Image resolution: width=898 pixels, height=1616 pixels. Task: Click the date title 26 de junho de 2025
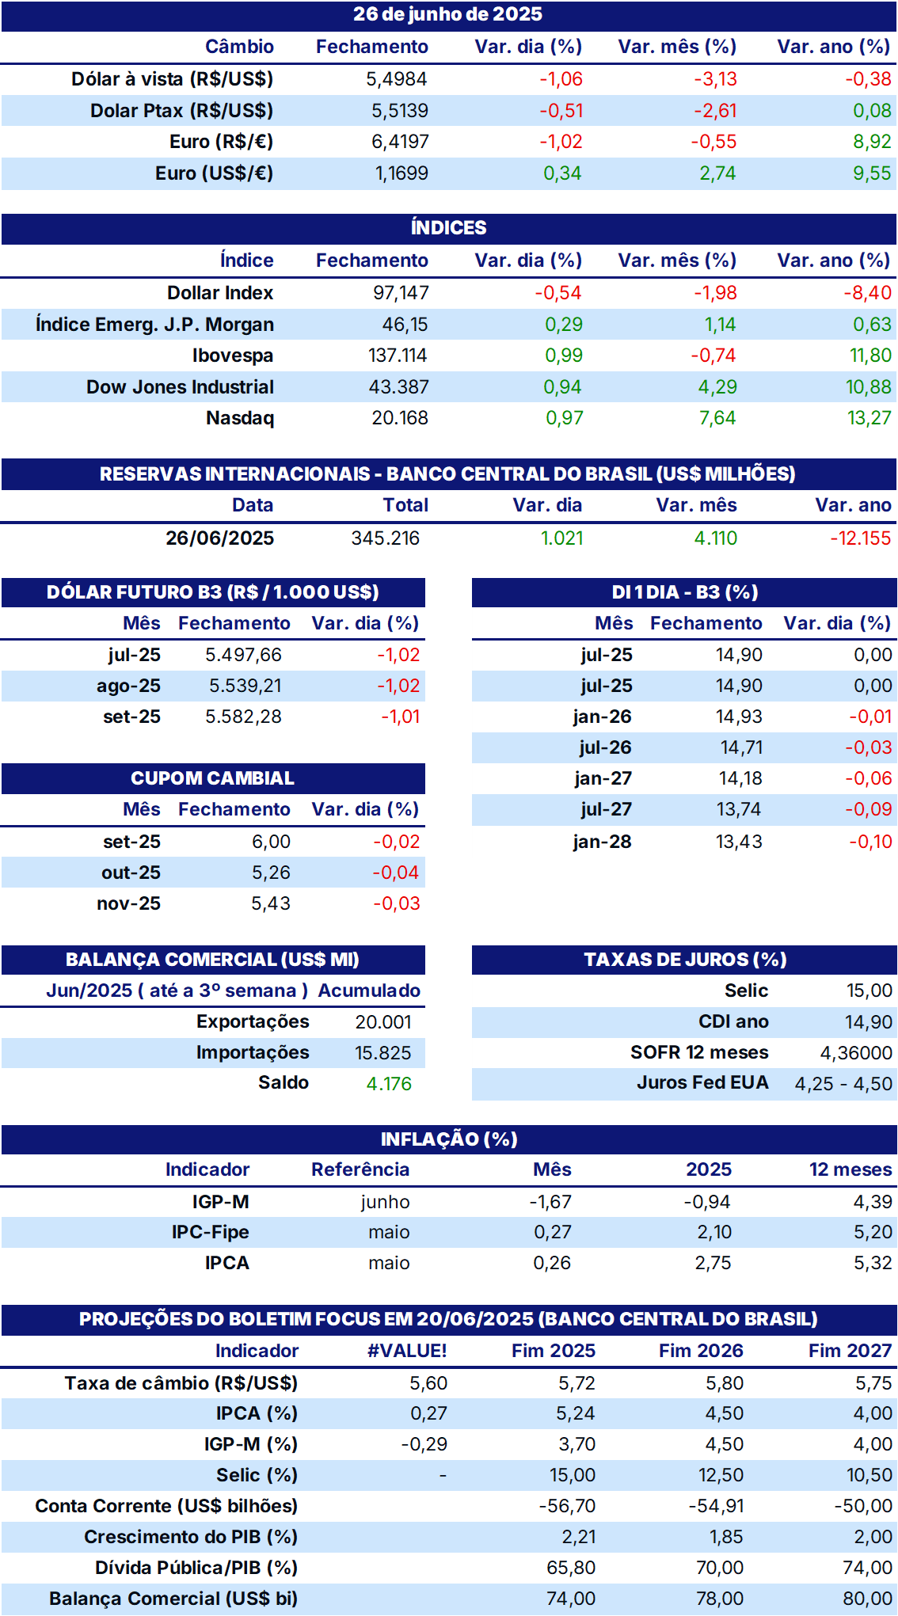447,14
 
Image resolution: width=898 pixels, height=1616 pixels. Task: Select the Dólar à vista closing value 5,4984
396,79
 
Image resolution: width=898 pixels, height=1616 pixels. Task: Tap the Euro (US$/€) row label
214,173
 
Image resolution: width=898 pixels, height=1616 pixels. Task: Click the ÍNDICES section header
448,228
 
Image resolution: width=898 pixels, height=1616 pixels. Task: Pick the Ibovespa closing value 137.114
398,356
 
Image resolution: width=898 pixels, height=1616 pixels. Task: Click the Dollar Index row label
220,293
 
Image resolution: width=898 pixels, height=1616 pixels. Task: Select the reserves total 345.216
385,538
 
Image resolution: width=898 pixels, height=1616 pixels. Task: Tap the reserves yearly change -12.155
860,538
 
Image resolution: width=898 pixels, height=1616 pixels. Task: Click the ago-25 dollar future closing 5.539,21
245,686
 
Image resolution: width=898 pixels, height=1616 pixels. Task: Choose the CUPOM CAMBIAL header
212,778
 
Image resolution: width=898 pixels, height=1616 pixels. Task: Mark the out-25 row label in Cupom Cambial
131,873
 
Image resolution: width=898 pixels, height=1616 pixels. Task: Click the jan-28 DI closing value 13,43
739,842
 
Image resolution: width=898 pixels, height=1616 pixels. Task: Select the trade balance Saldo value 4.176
389,1084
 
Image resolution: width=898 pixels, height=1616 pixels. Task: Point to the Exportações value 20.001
383,1022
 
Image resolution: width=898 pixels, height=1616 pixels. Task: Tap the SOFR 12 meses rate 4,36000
856,1053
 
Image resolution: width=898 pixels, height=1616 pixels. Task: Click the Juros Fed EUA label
702,1083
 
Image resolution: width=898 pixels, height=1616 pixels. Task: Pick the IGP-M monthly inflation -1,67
550,1202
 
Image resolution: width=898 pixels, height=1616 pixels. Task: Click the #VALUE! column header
407,1351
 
